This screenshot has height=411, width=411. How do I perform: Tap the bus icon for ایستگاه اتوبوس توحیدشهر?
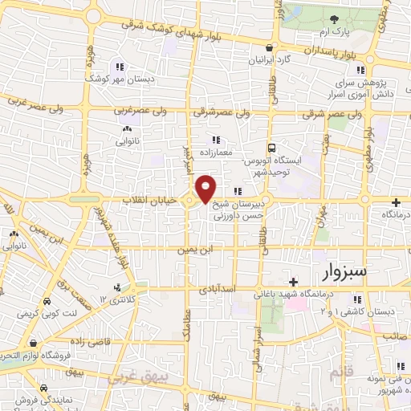click(x=272, y=148)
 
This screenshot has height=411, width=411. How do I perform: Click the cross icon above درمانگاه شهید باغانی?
click(x=294, y=282)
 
